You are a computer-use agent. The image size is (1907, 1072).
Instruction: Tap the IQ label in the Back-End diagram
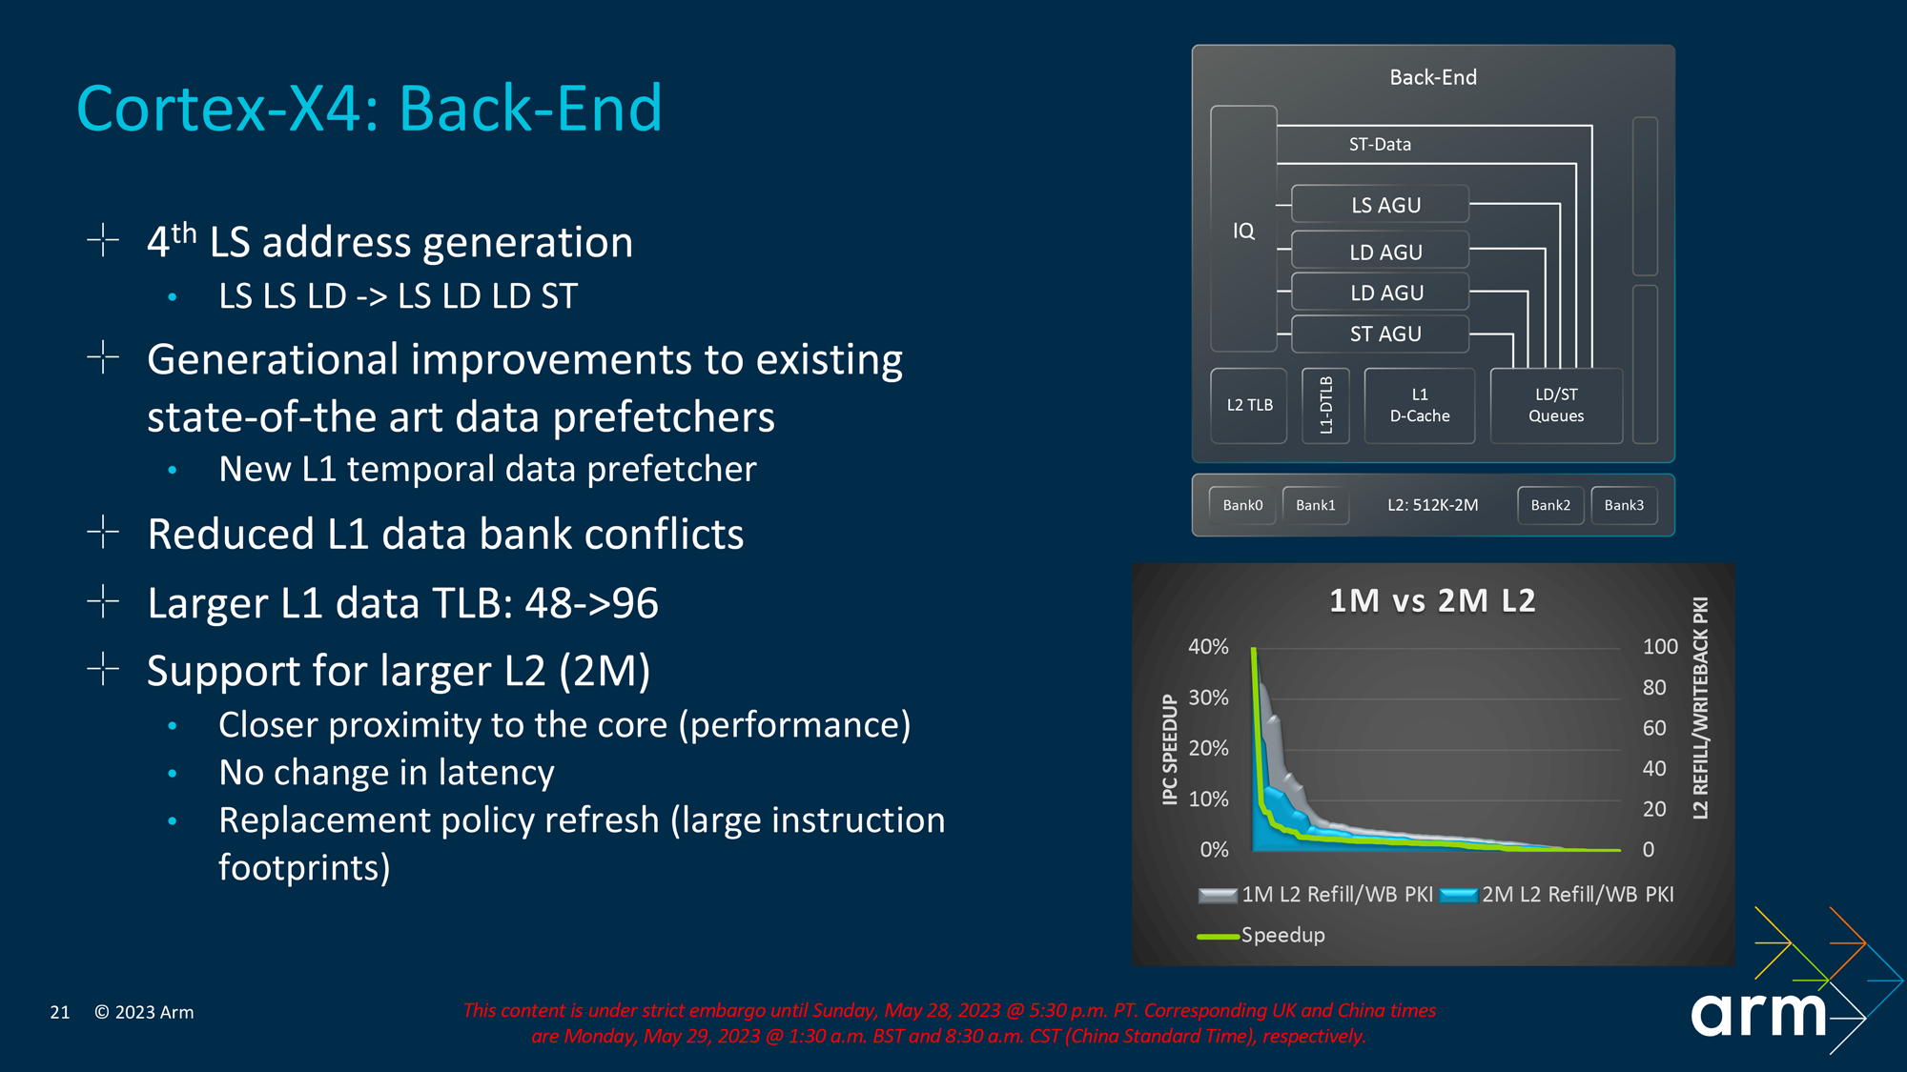tap(1243, 231)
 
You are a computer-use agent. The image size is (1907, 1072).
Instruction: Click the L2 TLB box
tap(1249, 405)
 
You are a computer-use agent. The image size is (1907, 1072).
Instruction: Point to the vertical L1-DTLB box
tap(1325, 405)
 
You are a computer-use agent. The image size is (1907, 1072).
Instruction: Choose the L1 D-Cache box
tap(1419, 405)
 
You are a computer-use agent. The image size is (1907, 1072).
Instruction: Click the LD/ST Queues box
tap(1556, 405)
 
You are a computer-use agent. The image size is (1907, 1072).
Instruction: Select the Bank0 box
tap(1242, 505)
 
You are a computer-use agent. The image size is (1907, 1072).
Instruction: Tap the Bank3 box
tap(1624, 505)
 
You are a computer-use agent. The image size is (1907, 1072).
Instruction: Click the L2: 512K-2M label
tap(1432, 505)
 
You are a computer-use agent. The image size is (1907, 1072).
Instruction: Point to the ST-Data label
tap(1380, 144)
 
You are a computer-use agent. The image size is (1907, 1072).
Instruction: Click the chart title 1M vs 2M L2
tap(1432, 600)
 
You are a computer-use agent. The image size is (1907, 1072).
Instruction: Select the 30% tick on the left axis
tap(1208, 698)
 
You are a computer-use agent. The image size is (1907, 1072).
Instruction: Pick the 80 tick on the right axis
tap(1654, 687)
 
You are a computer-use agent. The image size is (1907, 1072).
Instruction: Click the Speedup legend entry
tap(1282, 935)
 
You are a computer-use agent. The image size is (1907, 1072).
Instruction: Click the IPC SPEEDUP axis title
tap(1170, 749)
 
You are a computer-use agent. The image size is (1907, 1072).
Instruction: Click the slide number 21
tap(60, 1012)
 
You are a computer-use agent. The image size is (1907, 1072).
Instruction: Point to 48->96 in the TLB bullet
tap(591, 603)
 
